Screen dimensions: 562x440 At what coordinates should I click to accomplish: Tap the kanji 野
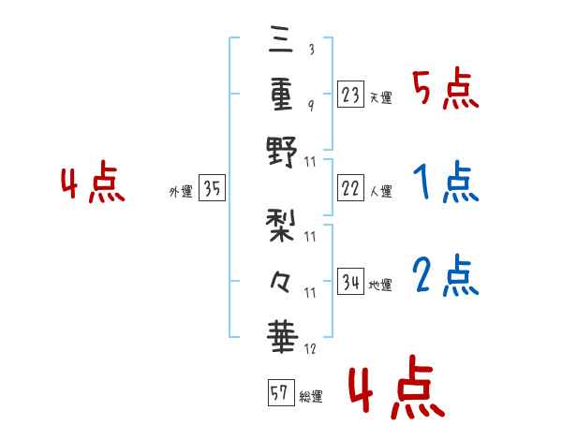[x=281, y=150]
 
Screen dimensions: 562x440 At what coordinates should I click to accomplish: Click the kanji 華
[x=281, y=335]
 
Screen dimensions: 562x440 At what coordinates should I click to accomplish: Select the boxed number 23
[x=350, y=94]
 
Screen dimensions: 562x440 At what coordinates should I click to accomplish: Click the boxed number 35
[x=212, y=189]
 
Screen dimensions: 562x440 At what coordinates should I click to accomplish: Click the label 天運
[x=380, y=97]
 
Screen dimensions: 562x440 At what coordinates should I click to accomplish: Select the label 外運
[x=181, y=192]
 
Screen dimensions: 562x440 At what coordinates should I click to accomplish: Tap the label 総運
[x=310, y=397]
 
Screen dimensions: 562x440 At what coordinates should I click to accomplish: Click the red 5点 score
[x=446, y=91]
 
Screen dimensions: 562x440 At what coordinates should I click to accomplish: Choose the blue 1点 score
[x=446, y=183]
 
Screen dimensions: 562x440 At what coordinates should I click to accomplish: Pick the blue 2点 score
[x=446, y=276]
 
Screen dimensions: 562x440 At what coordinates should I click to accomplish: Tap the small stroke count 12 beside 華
[x=311, y=349]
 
